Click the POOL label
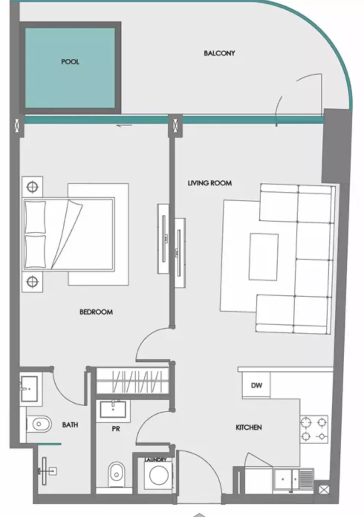(x=70, y=62)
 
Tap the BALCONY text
(x=219, y=53)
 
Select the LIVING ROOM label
(x=209, y=183)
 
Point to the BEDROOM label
(x=96, y=312)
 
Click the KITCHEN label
(x=248, y=427)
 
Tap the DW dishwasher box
(x=256, y=385)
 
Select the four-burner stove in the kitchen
(x=314, y=429)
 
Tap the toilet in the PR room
(x=116, y=474)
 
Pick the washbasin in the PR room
(x=113, y=409)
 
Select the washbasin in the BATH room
(x=29, y=388)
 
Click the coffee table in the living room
(x=263, y=257)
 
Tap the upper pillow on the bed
(x=35, y=217)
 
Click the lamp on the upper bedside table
(x=32, y=186)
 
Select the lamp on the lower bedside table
(x=32, y=282)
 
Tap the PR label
(x=116, y=429)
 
